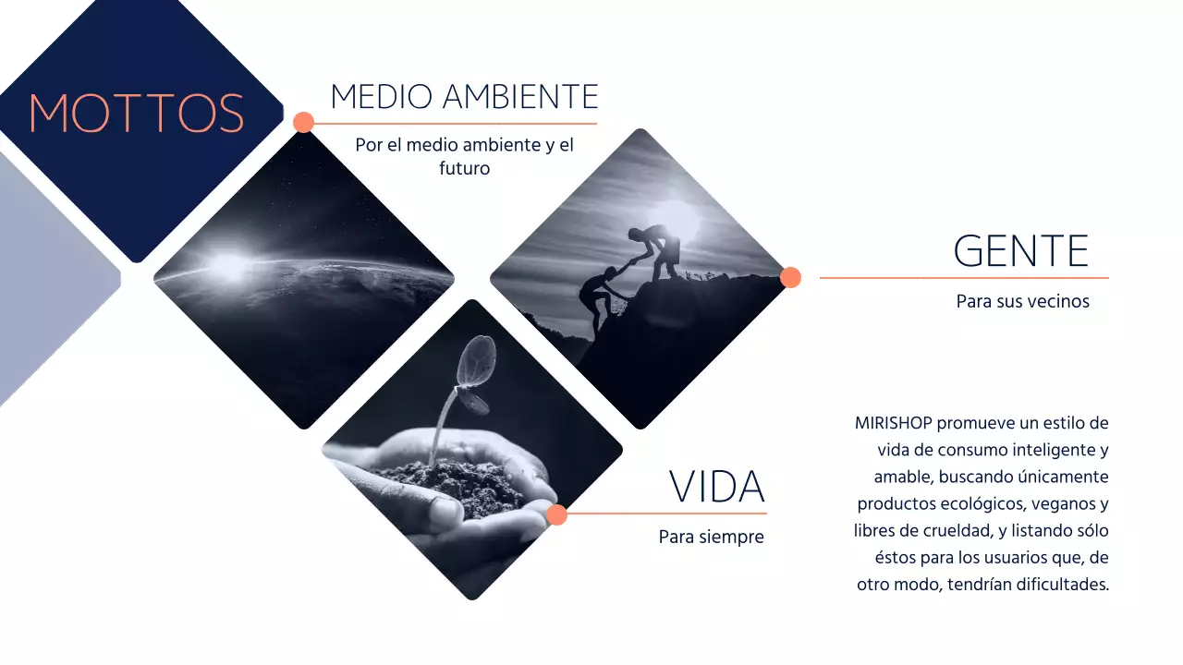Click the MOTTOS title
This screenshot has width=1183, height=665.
[x=137, y=113]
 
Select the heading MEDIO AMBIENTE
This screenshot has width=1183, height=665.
[x=464, y=96]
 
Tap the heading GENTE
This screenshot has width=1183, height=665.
[x=1020, y=250]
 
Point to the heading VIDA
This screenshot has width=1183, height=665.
[x=717, y=487]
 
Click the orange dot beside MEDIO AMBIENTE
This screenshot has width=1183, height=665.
[x=303, y=122]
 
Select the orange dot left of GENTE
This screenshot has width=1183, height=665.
[x=790, y=277]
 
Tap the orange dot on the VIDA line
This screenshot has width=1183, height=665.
[x=556, y=514]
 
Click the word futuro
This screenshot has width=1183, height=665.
[x=464, y=169]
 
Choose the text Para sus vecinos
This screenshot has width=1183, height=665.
[x=1022, y=301]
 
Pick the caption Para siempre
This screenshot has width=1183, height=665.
[x=711, y=537]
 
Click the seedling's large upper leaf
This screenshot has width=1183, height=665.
[x=478, y=356]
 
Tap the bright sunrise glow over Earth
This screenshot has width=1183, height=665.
[x=228, y=265]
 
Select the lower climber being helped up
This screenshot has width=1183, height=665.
[x=595, y=296]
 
